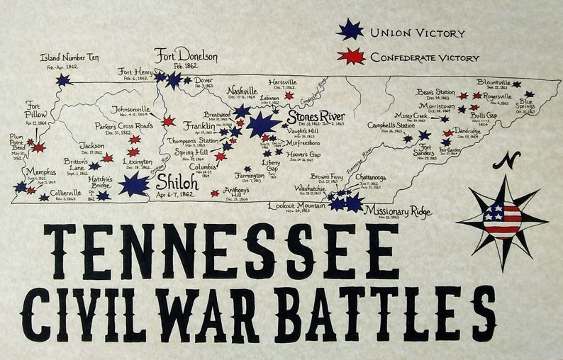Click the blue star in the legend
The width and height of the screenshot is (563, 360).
(350, 30)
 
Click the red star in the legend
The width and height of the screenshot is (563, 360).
(351, 56)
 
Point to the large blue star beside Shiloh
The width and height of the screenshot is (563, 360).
(133, 184)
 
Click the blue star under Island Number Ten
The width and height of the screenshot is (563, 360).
(64, 80)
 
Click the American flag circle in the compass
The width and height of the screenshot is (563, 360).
(502, 220)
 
